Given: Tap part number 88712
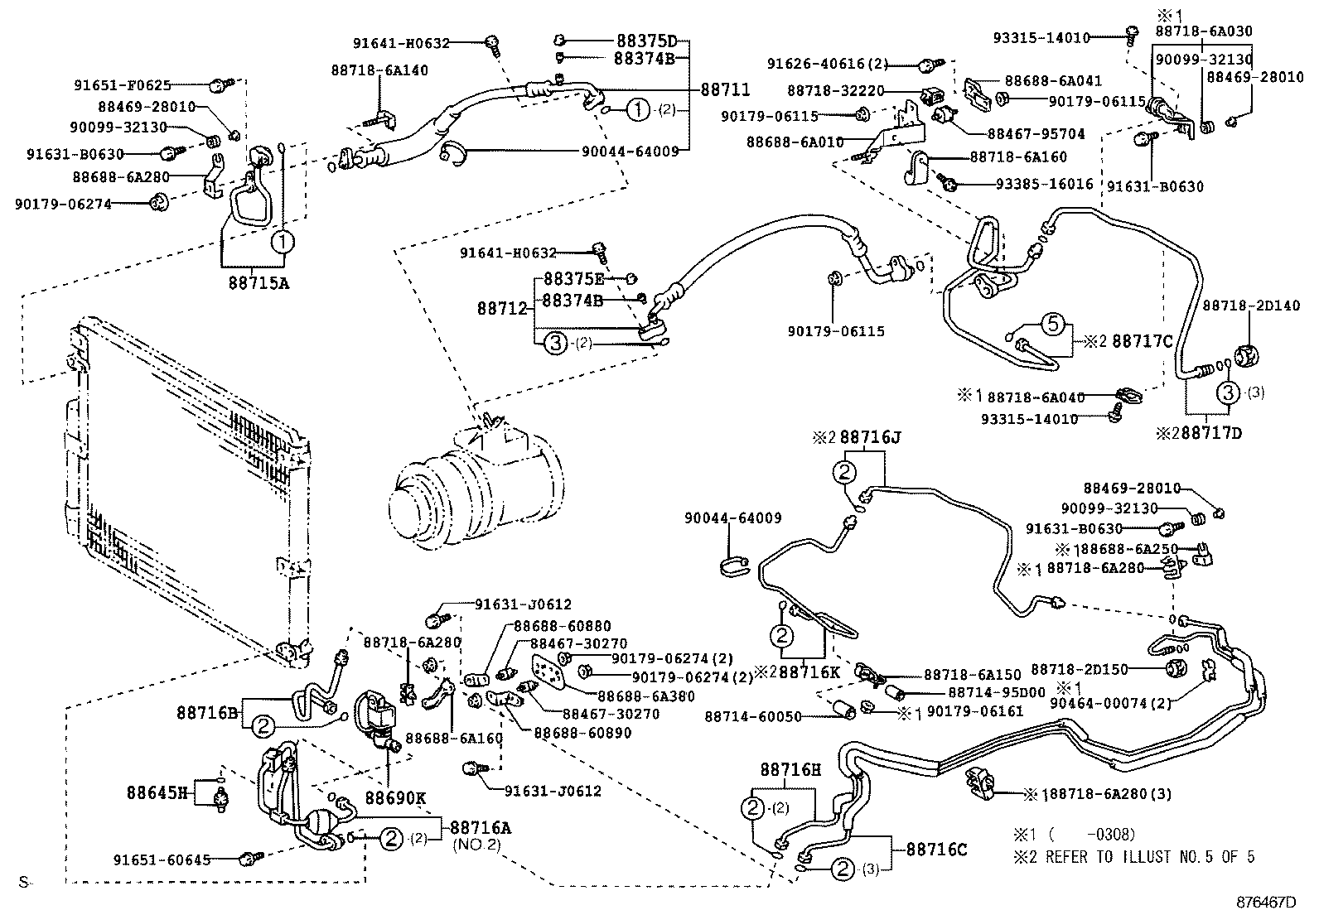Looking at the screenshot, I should coord(502,308).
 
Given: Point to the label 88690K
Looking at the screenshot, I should coord(395,798).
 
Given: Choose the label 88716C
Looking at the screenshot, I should coord(936,849).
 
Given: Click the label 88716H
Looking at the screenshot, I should coord(790,769).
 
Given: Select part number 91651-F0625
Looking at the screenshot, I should coord(123,84).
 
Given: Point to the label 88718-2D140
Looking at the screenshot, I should coord(1239,306).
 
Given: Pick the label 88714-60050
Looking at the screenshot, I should coord(753,716).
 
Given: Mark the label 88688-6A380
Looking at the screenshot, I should coord(635,697).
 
